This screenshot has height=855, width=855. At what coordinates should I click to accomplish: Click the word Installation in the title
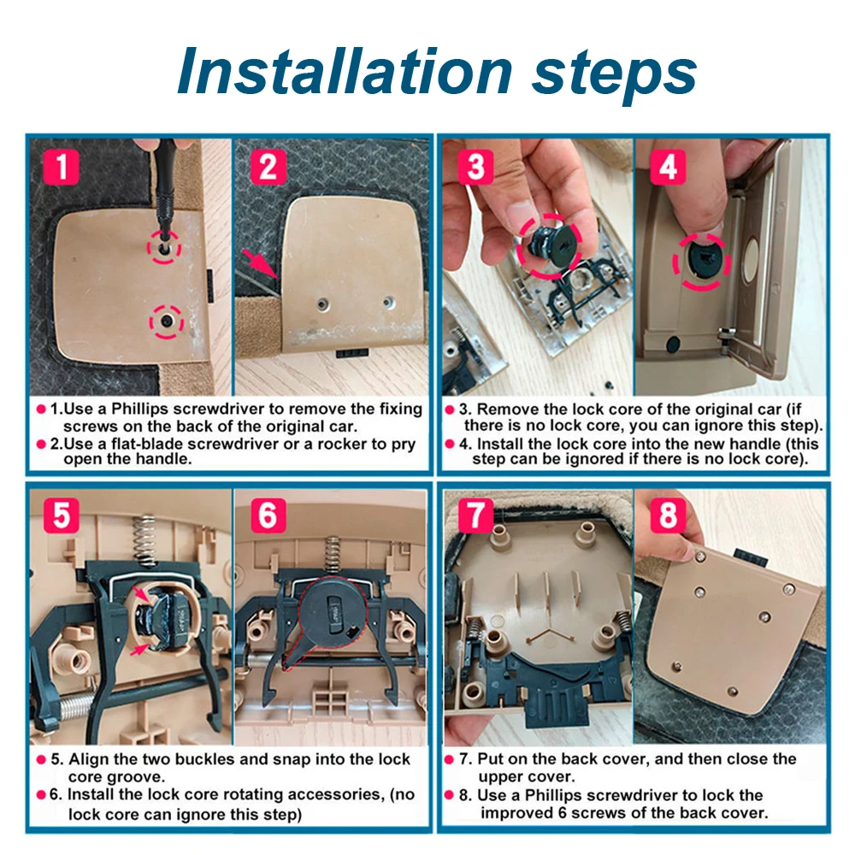tap(345, 72)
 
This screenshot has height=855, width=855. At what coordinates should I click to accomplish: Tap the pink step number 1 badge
tap(61, 166)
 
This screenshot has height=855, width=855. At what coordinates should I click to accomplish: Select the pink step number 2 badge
tap(268, 166)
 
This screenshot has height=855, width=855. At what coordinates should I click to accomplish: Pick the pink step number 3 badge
tap(475, 166)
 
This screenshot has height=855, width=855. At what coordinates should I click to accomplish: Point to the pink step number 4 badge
tap(668, 166)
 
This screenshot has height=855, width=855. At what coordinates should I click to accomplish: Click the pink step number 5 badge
tap(61, 515)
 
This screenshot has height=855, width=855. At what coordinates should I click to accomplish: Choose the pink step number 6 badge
tap(268, 515)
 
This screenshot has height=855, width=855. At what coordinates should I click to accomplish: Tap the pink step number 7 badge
tap(475, 515)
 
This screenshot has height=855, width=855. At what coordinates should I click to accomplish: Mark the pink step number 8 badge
tap(668, 515)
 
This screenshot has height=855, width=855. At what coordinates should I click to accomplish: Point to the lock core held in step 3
tap(547, 246)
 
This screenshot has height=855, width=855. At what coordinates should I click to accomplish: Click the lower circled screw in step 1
tap(167, 321)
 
